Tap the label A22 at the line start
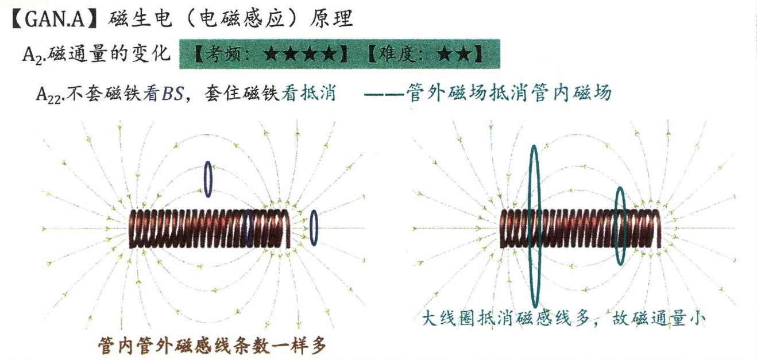coord(48,94)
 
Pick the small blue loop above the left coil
coord(208,179)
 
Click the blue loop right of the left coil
coord(314,228)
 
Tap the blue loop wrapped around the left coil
coord(248,228)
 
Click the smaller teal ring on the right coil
coord(620,226)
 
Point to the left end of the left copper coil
coord(133,229)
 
